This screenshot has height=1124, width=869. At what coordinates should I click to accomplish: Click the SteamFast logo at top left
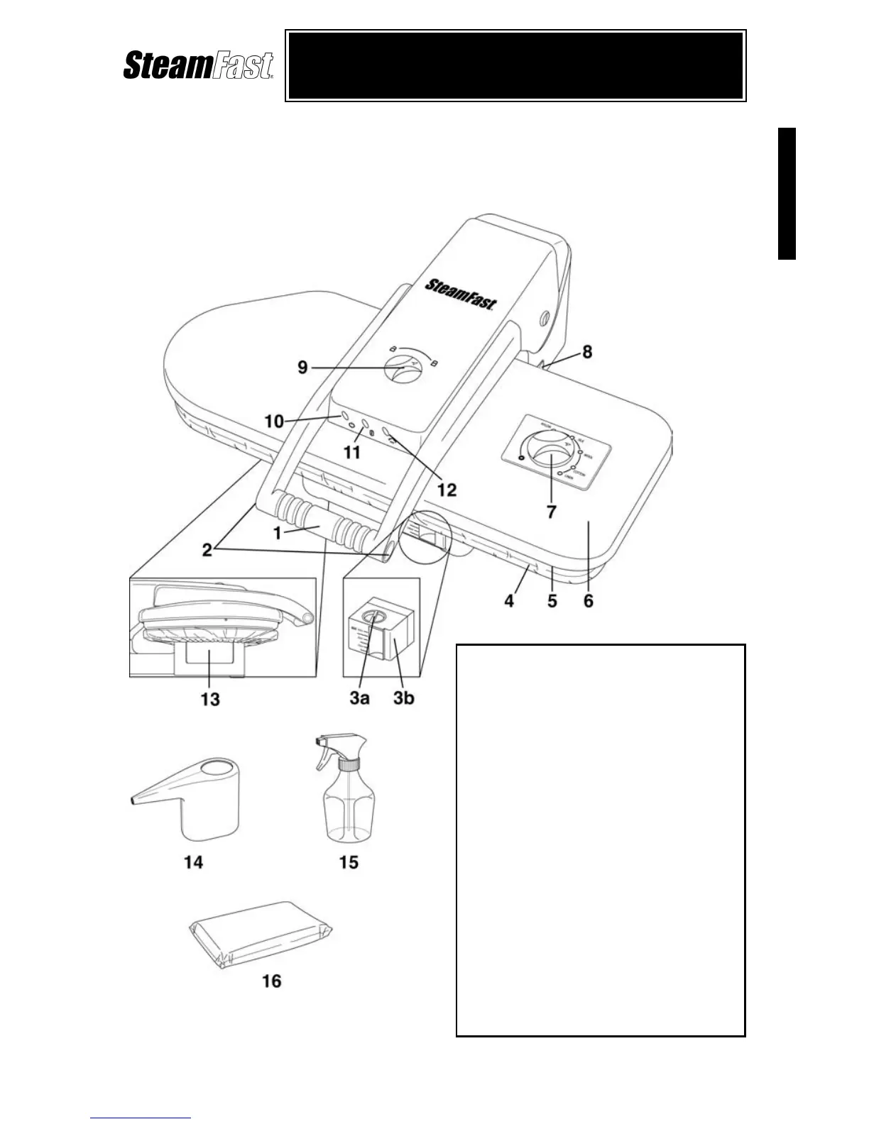(198, 65)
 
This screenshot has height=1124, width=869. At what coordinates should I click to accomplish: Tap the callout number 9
(302, 368)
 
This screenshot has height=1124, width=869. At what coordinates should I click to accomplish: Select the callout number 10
(274, 421)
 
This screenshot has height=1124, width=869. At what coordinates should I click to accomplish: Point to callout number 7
(552, 511)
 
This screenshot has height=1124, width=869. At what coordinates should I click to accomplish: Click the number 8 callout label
(587, 352)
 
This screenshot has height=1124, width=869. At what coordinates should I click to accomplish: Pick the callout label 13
(210, 700)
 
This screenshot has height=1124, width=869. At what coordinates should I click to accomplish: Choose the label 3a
(359, 698)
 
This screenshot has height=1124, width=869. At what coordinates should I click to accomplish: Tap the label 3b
(403, 698)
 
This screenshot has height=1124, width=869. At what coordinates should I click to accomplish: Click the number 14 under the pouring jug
(193, 861)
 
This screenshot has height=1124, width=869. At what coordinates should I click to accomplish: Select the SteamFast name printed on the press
(461, 293)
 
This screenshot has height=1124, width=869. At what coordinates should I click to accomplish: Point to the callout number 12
(447, 490)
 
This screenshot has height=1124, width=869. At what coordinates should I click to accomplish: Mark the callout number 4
(509, 601)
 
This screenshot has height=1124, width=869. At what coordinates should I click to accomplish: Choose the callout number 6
(589, 601)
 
